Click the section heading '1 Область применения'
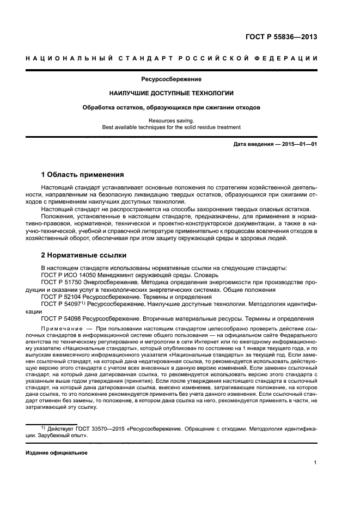(83, 175)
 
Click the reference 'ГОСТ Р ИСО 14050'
(68, 275)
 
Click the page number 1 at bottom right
(315, 463)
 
